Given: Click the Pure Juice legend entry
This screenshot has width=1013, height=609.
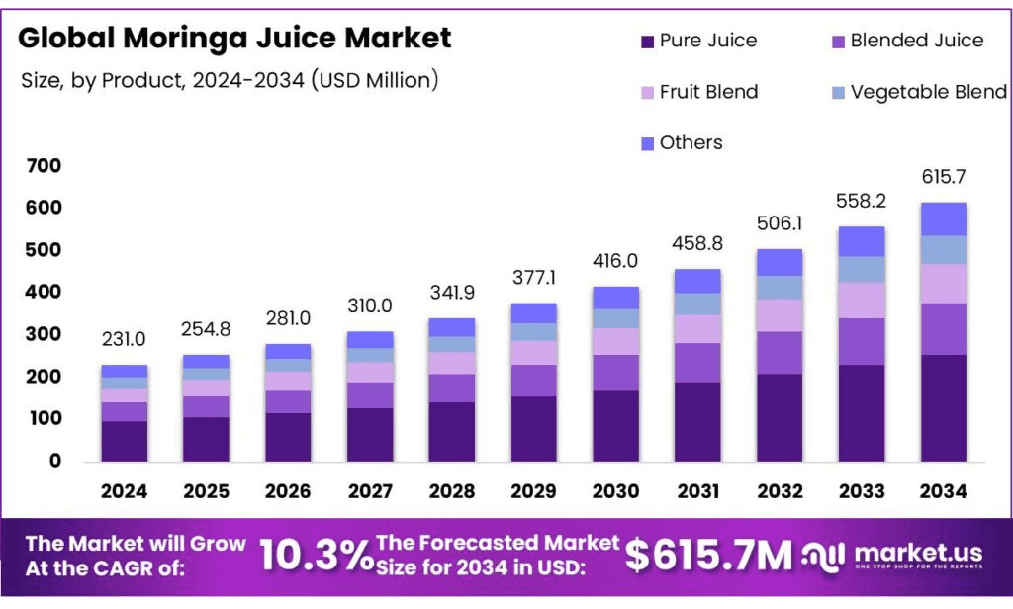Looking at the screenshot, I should (x=698, y=41).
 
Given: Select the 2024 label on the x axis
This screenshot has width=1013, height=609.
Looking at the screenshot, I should (x=125, y=491).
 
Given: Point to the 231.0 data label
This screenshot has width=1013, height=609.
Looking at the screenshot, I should (x=125, y=339).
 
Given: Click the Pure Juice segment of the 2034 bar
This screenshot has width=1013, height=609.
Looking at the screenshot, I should (x=943, y=407).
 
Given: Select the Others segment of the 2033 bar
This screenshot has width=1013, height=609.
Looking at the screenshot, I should (x=862, y=241).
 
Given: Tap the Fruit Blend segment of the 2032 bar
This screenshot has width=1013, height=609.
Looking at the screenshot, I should (x=780, y=315).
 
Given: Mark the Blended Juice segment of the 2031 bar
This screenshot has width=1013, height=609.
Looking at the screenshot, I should (x=697, y=363).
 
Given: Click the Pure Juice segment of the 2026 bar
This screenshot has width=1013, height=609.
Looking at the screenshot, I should (x=288, y=437).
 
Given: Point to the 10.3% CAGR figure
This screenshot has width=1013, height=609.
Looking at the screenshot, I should (x=317, y=557).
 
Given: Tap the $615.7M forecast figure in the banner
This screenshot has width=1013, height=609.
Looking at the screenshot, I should (x=709, y=557).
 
